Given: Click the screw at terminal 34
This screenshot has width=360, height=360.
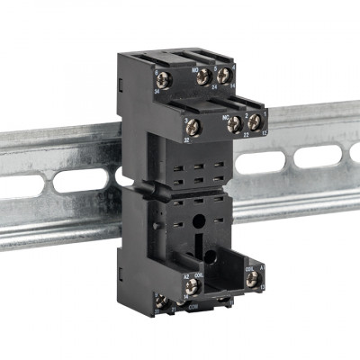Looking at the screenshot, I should click(x=163, y=77).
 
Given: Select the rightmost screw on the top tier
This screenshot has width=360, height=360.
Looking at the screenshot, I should click(x=223, y=76).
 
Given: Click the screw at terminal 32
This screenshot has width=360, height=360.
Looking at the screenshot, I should click(x=190, y=126).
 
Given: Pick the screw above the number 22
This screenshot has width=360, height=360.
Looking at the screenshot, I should click(x=234, y=124).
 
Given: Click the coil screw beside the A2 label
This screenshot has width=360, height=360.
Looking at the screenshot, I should click(x=192, y=286).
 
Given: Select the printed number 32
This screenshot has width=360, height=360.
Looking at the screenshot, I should click(x=185, y=139).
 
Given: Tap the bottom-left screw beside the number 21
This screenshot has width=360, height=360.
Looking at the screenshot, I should click(x=161, y=301).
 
